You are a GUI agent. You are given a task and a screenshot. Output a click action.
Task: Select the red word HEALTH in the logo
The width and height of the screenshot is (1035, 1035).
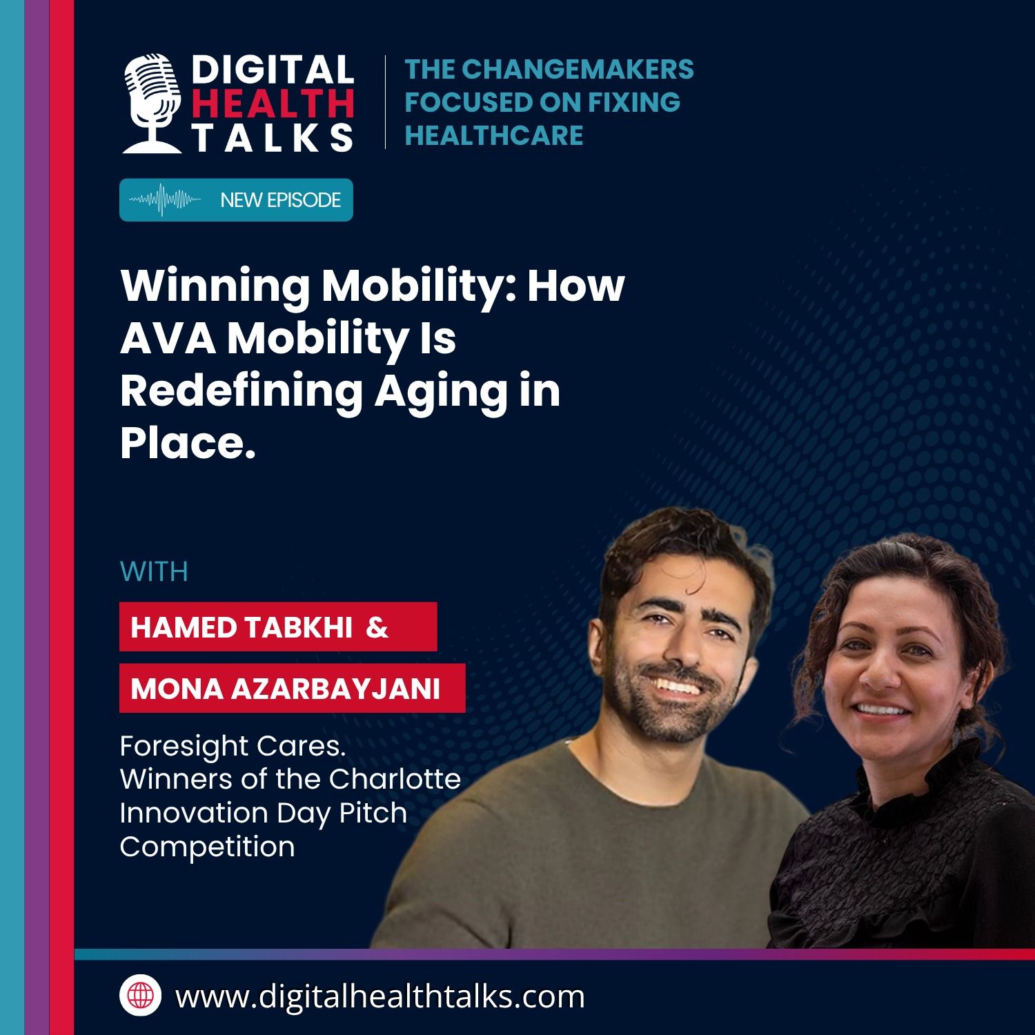coord(273,103)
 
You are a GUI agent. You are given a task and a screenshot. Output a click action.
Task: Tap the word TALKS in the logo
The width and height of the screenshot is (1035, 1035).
coord(273,137)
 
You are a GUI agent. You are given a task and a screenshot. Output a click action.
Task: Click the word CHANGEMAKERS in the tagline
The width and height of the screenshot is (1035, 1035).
coord(578,69)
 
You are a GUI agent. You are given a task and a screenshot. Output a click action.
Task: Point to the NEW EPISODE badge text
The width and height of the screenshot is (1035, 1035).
coord(281,200)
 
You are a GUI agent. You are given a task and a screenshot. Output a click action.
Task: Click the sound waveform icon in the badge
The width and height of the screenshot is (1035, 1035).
coord(166,200)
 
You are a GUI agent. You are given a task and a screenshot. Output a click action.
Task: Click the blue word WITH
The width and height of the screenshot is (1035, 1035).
coord(154,572)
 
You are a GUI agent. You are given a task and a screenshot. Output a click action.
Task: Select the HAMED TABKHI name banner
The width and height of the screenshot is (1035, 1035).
coord(278,627)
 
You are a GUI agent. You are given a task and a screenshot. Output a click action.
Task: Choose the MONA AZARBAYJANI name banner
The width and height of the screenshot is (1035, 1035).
coord(293,688)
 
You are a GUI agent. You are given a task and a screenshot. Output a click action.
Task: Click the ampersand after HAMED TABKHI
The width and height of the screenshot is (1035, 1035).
coord(377,627)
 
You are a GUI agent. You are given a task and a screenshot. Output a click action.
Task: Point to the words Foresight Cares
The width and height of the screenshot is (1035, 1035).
coord(233,746)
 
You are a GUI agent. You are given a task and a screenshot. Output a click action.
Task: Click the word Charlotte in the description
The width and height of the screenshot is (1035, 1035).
coord(395,779)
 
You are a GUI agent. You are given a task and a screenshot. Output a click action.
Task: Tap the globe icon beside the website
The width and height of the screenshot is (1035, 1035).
coord(140,996)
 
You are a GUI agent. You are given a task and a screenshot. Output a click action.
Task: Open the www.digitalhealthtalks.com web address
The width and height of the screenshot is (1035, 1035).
coord(380,996)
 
